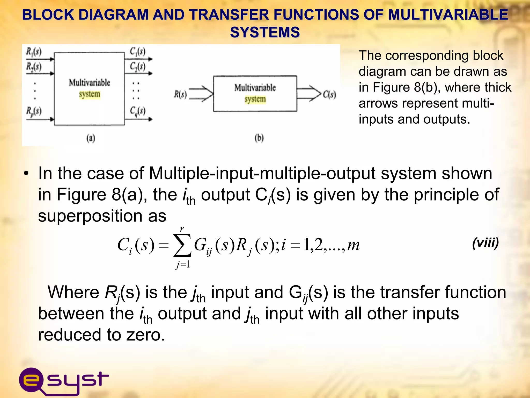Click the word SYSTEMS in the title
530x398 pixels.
(265, 32)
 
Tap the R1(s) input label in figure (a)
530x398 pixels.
(34, 52)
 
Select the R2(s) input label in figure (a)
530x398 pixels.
(34, 67)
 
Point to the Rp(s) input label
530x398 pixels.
(34, 111)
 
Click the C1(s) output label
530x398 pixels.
(137, 52)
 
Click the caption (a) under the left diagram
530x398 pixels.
(91, 138)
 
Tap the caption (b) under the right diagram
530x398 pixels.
(259, 138)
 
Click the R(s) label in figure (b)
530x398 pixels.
(180, 94)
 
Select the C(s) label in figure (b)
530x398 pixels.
(329, 95)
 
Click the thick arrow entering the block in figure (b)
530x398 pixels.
(201, 93)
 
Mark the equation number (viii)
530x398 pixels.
(485, 243)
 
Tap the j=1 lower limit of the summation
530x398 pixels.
(183, 264)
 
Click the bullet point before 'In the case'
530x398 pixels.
(26, 174)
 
